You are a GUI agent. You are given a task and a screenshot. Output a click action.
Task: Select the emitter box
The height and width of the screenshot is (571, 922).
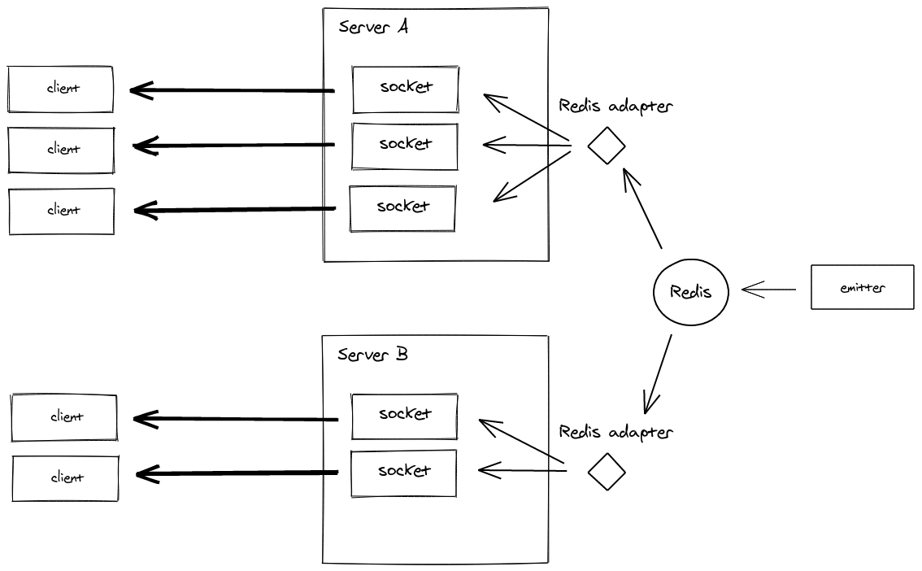pyautogui.click(x=862, y=287)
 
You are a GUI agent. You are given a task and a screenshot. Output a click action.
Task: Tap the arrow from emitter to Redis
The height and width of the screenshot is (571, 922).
pyautogui.click(x=769, y=289)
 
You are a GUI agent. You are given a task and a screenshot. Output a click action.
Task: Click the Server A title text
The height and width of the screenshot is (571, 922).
pyautogui.click(x=373, y=27)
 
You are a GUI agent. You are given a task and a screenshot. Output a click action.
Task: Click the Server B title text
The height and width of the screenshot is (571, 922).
pyautogui.click(x=373, y=355)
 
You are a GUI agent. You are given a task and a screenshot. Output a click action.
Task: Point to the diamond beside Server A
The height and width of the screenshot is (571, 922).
pyautogui.click(x=607, y=146)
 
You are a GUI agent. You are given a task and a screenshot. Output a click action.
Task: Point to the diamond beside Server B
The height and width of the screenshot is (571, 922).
pyautogui.click(x=607, y=471)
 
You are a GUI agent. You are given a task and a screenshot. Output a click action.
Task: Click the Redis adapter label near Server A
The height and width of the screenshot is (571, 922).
pyautogui.click(x=615, y=107)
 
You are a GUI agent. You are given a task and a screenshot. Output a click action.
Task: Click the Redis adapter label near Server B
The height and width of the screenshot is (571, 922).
pyautogui.click(x=615, y=432)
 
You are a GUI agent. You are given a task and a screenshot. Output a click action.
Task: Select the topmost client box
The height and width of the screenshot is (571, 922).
pyautogui.click(x=61, y=89)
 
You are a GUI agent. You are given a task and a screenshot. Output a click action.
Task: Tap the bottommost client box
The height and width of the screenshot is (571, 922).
pyautogui.click(x=65, y=478)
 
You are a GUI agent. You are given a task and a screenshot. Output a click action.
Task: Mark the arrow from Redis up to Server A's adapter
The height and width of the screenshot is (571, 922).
pyautogui.click(x=643, y=208)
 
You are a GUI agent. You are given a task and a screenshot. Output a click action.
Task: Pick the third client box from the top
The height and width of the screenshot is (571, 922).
pyautogui.click(x=62, y=211)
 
